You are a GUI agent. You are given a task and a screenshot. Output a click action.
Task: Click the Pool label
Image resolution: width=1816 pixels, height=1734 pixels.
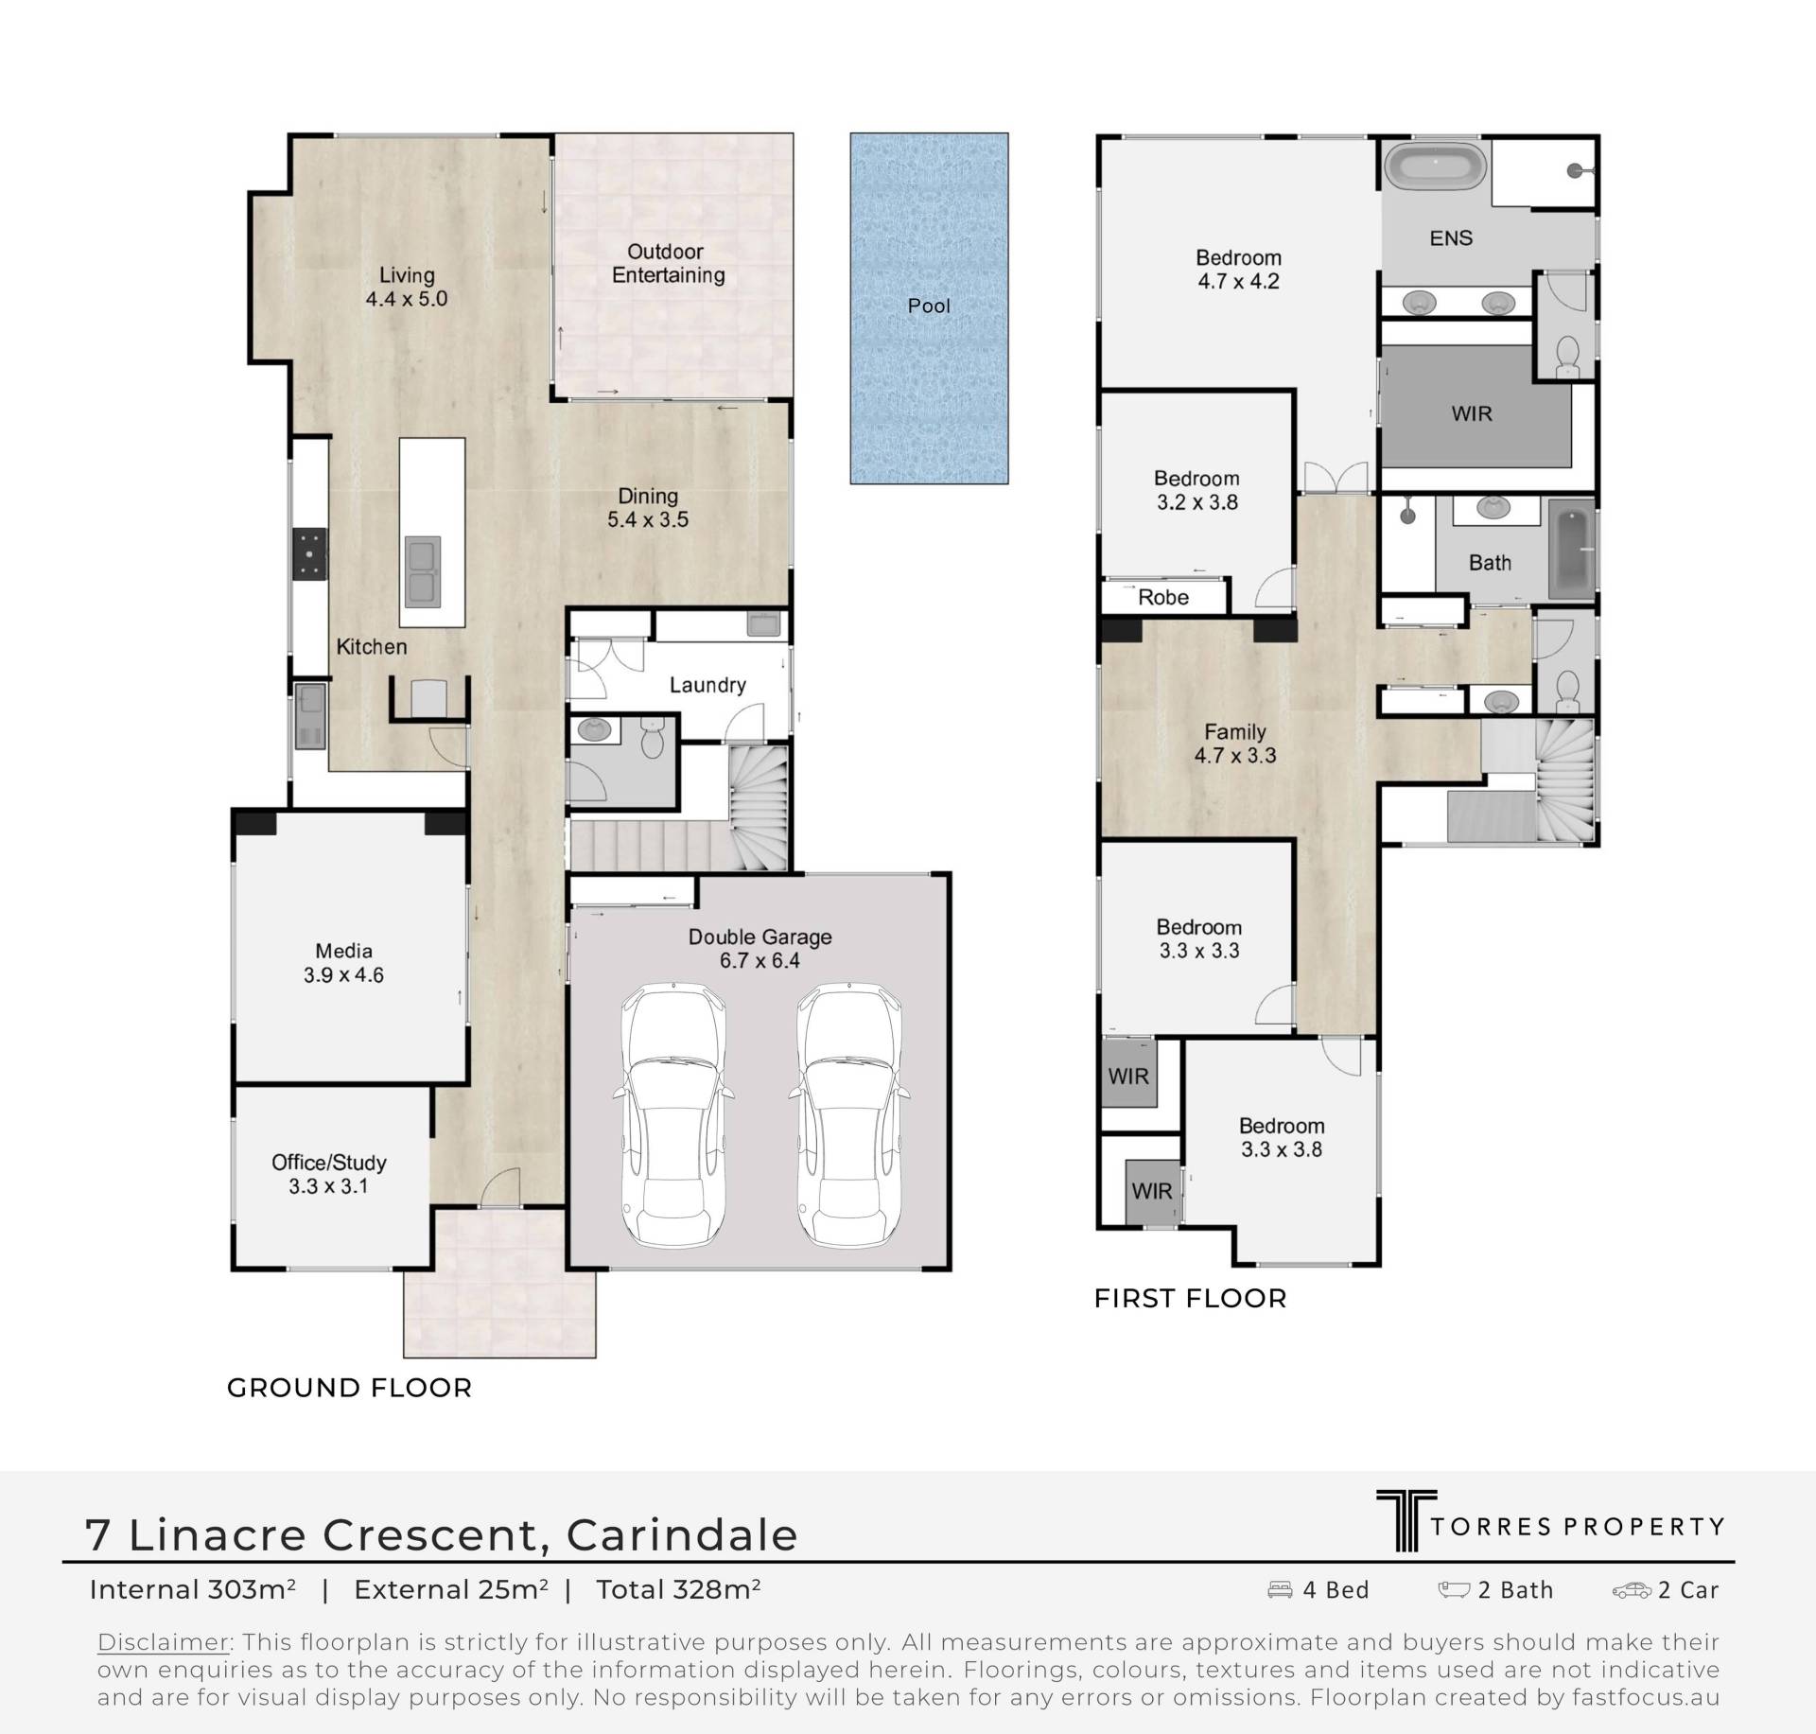(x=929, y=306)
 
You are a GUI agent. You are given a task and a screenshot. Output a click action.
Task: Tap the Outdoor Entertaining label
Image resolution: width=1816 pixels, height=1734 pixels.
(x=668, y=263)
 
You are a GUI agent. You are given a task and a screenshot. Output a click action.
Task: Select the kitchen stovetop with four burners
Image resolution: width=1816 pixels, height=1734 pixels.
(x=309, y=553)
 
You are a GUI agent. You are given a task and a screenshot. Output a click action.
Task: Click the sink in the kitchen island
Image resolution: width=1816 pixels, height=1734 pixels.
(x=423, y=571)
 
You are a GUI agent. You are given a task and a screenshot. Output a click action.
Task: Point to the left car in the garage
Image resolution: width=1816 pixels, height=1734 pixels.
(x=674, y=1115)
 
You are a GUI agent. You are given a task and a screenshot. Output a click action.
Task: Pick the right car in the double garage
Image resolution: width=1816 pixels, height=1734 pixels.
(x=849, y=1115)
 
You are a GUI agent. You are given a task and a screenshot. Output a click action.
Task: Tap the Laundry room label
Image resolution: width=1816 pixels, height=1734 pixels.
(x=707, y=685)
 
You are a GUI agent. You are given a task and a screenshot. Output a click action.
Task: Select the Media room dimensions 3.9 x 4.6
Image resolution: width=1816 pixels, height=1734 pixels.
(x=343, y=975)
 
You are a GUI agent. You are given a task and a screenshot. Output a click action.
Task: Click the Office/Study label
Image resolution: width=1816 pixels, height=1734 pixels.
(x=329, y=1163)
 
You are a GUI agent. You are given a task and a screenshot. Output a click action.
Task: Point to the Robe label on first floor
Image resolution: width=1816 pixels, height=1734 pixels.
(x=1163, y=598)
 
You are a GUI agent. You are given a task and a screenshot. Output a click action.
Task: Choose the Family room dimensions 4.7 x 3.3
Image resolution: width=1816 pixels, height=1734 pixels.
(x=1235, y=756)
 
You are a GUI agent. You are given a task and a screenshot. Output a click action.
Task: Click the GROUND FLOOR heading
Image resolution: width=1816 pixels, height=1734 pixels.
(x=349, y=1389)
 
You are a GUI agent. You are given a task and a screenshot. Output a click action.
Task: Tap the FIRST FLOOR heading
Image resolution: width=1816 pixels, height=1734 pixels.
(x=1190, y=1299)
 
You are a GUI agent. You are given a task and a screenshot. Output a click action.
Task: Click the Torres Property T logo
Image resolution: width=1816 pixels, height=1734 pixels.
(x=1406, y=1521)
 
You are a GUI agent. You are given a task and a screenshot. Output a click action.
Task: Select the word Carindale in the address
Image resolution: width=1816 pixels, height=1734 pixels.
(x=682, y=1534)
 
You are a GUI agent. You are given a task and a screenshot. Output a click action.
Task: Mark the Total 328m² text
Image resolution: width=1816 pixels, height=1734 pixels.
(x=678, y=1589)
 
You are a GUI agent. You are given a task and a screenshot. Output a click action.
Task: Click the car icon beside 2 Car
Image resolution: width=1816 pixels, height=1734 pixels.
(x=1632, y=1591)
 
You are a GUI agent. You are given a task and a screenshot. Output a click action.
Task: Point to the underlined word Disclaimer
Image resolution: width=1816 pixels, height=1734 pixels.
(x=164, y=1642)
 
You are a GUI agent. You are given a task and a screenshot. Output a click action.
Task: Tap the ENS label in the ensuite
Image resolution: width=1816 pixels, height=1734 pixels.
(x=1451, y=238)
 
